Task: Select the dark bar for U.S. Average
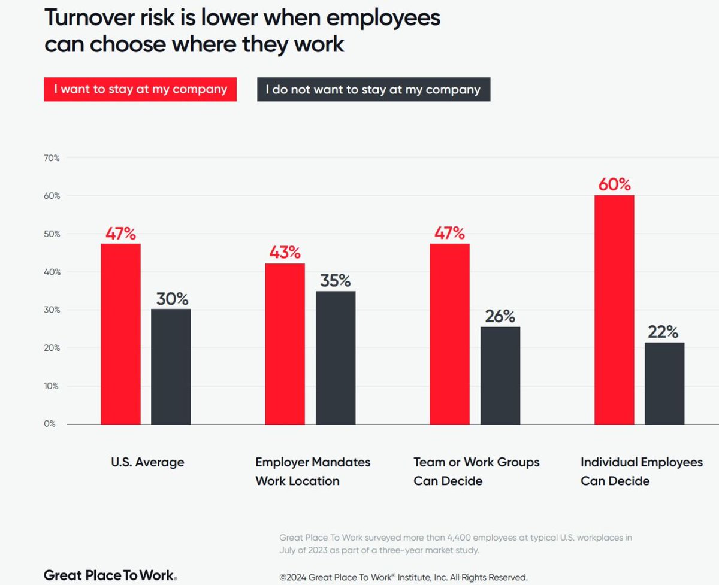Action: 171,366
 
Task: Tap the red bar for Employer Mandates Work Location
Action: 285,344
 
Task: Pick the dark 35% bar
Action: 336,357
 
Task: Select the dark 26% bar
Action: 500,375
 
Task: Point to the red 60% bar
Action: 614,310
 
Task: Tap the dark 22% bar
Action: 664,383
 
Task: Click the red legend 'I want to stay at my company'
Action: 140,90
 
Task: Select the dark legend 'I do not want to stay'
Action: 373,90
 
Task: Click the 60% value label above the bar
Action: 614,184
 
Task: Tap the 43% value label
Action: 285,252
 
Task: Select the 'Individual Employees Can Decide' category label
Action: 642,471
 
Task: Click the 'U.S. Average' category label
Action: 147,462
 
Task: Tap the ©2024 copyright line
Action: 403,577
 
